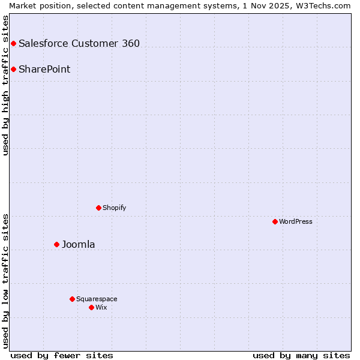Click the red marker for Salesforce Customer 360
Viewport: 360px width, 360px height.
pos(13,43)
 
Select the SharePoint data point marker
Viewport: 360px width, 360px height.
pos(13,69)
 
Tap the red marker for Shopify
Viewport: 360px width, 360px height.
pos(98,208)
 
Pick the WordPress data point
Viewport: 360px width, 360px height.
pos(275,221)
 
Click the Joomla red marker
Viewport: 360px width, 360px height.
pos(56,244)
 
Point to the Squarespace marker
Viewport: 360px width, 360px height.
pos(72,299)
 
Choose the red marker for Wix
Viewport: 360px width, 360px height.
pos(91,307)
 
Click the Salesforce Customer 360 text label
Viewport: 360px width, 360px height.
pos(79,43)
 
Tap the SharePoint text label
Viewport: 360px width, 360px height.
pos(44,69)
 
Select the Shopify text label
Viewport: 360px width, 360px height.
pos(114,208)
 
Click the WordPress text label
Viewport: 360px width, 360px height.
pos(296,221)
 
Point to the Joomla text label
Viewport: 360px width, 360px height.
pos(78,244)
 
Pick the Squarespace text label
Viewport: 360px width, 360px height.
pos(97,299)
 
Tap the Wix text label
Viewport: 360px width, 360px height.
pos(101,307)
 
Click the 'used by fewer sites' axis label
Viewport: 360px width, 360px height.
pos(62,355)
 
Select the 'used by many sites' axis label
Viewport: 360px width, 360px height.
pos(301,355)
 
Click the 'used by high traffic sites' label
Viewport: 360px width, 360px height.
pos(6,85)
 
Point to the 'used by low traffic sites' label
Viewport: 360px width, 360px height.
pos(6,280)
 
